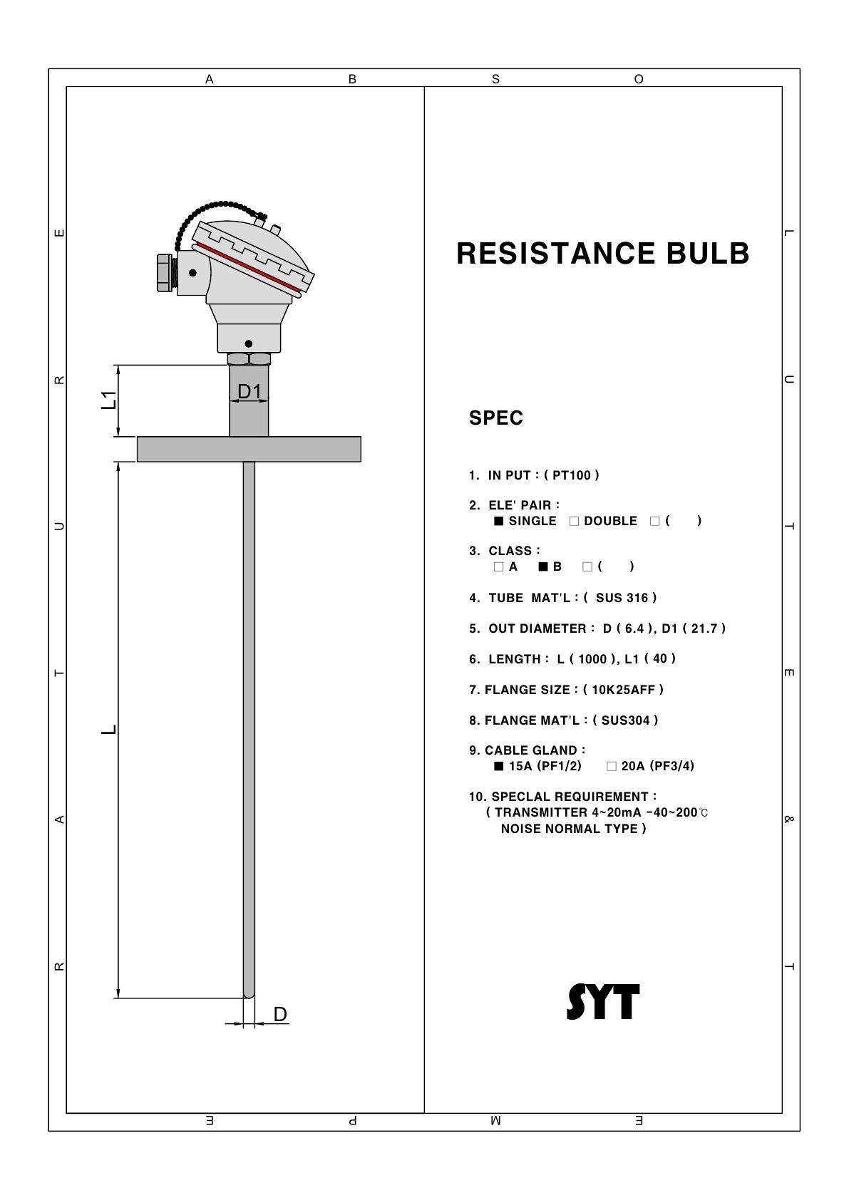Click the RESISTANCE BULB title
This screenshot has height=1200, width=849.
pos(602,254)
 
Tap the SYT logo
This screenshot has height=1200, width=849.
pos(603,1001)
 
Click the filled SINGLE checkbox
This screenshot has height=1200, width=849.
pos(498,521)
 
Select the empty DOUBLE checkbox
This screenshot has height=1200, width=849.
pos(574,521)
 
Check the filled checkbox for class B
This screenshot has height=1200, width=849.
pos(543,567)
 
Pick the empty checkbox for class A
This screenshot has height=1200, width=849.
pos(498,567)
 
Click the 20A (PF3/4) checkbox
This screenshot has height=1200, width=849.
pos(612,766)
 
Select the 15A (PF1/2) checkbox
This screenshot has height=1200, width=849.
pos(498,766)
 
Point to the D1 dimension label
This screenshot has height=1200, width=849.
pos(249,392)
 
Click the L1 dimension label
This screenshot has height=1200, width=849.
pos(109,400)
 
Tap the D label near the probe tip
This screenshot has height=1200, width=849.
pos(280,1014)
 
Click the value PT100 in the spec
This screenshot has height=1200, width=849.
pos(572,475)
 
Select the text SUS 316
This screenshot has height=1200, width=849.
pos(622,598)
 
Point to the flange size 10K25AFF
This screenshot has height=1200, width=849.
pos(623,690)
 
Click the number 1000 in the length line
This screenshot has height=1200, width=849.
pos(592,659)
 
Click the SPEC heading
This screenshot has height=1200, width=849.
pos(496,418)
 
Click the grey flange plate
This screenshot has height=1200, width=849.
pos(249,449)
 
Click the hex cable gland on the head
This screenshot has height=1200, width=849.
pos(165,273)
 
